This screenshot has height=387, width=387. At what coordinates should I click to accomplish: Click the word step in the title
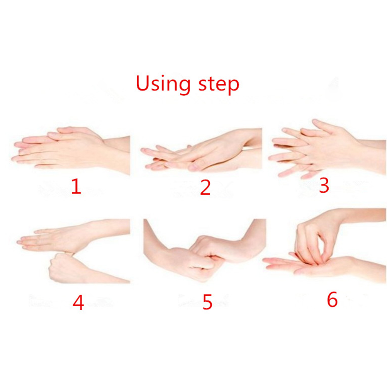[x=219, y=85]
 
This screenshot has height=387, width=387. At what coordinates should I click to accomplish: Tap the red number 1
[x=76, y=186]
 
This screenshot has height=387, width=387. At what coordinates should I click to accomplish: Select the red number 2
[x=205, y=188]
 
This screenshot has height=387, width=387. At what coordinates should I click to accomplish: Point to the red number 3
[x=324, y=185]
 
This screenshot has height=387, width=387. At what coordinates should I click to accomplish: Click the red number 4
[x=78, y=302]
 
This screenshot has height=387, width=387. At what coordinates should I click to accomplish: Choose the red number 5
[x=207, y=302]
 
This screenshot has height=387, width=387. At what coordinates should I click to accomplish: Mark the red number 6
[x=332, y=299]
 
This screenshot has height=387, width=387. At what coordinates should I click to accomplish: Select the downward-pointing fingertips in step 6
[x=311, y=258]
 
